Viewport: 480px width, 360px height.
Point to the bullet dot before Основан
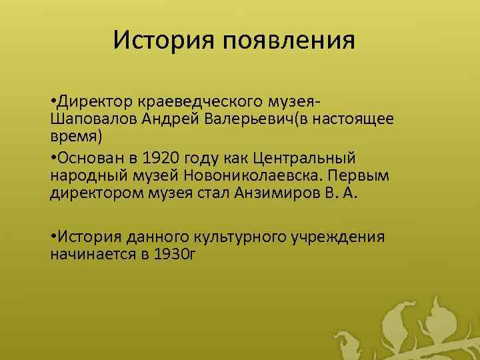[x=53, y=159]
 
